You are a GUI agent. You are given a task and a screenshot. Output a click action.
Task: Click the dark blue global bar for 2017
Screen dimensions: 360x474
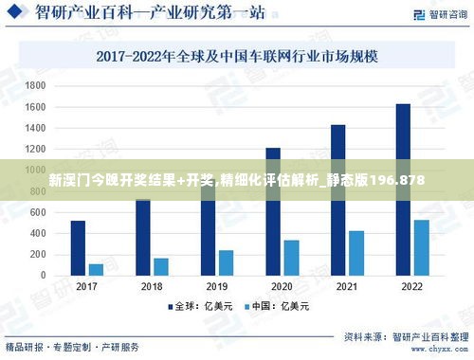pyautogui.click(x=78, y=248)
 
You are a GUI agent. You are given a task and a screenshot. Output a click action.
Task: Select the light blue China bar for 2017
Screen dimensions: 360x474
pyautogui.click(x=96, y=270)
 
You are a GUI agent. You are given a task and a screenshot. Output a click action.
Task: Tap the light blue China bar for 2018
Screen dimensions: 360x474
pyautogui.click(x=160, y=267)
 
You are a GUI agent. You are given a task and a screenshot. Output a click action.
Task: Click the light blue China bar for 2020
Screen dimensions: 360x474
pyautogui.click(x=291, y=258)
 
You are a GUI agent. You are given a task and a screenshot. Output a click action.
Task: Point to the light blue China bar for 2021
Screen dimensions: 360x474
pyautogui.click(x=356, y=253)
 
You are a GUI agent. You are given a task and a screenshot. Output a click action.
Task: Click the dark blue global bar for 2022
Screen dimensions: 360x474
pyautogui.click(x=403, y=189)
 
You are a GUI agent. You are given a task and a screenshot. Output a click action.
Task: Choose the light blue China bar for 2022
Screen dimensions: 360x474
pyautogui.click(x=421, y=248)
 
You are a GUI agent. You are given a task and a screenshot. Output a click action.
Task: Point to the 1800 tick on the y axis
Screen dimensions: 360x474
pyautogui.click(x=35, y=85)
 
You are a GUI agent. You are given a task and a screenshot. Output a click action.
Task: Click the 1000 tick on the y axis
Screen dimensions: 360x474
pyautogui.click(x=35, y=171)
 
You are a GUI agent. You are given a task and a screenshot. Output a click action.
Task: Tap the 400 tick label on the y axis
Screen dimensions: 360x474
pyautogui.click(x=38, y=234)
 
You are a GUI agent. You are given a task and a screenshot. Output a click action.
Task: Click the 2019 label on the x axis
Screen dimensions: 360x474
pyautogui.click(x=216, y=287)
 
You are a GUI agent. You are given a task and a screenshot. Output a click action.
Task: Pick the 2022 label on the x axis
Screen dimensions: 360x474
pyautogui.click(x=411, y=287)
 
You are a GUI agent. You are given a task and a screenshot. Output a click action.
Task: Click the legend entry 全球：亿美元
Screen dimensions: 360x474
pyautogui.click(x=201, y=307)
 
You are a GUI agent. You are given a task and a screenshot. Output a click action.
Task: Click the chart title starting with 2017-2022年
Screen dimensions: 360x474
pyautogui.click(x=237, y=56)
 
